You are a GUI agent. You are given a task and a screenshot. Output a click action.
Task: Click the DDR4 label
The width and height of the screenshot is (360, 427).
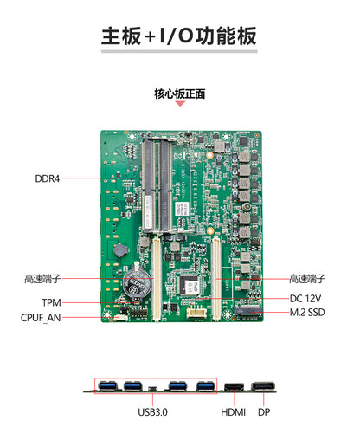click(x=47, y=179)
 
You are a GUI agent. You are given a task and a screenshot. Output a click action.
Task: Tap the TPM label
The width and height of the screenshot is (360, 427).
click(x=51, y=302)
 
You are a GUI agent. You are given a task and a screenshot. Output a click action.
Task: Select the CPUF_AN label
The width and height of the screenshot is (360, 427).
click(x=41, y=317)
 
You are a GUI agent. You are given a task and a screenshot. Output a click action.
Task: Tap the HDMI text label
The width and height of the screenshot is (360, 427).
click(x=233, y=412)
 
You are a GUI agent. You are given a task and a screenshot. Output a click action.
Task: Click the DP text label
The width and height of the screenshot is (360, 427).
click(x=264, y=412)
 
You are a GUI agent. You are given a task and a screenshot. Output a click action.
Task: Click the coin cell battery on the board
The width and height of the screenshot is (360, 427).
click(x=136, y=285)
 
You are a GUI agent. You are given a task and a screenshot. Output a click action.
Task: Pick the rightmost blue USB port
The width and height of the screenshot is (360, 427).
click(x=205, y=386)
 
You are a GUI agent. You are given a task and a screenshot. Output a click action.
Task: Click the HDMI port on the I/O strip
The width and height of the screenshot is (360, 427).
click(x=234, y=387)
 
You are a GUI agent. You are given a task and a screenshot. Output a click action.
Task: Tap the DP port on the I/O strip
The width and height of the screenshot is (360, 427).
click(x=263, y=387)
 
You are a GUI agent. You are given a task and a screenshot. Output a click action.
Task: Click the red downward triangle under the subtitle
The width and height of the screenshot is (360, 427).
click(x=180, y=104)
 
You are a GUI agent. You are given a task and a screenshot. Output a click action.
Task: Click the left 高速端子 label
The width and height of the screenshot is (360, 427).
click(x=42, y=279)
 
